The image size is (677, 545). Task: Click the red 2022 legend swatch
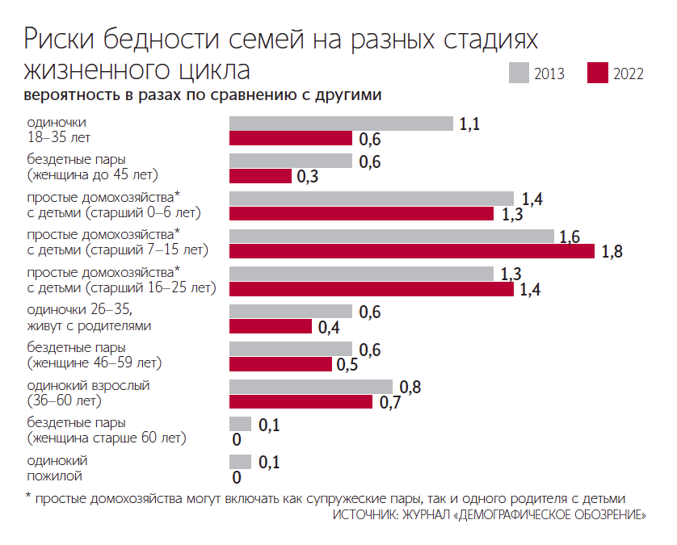pos(599,73)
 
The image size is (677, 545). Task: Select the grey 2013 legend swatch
pos(519,73)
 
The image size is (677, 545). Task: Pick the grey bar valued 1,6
pos(392,236)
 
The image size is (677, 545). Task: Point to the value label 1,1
pos(469,124)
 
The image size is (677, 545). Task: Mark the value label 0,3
pos(308,177)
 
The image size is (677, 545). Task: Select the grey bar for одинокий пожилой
pos(240,461)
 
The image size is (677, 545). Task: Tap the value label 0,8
pos(410,387)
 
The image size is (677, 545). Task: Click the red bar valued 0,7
pos(301,401)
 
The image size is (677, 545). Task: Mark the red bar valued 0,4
pos(271,326)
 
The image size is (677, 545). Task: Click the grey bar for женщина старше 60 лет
pos(240,424)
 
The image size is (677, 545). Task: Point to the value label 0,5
pos(348,364)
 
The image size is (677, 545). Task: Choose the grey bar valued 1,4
pos(372,199)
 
